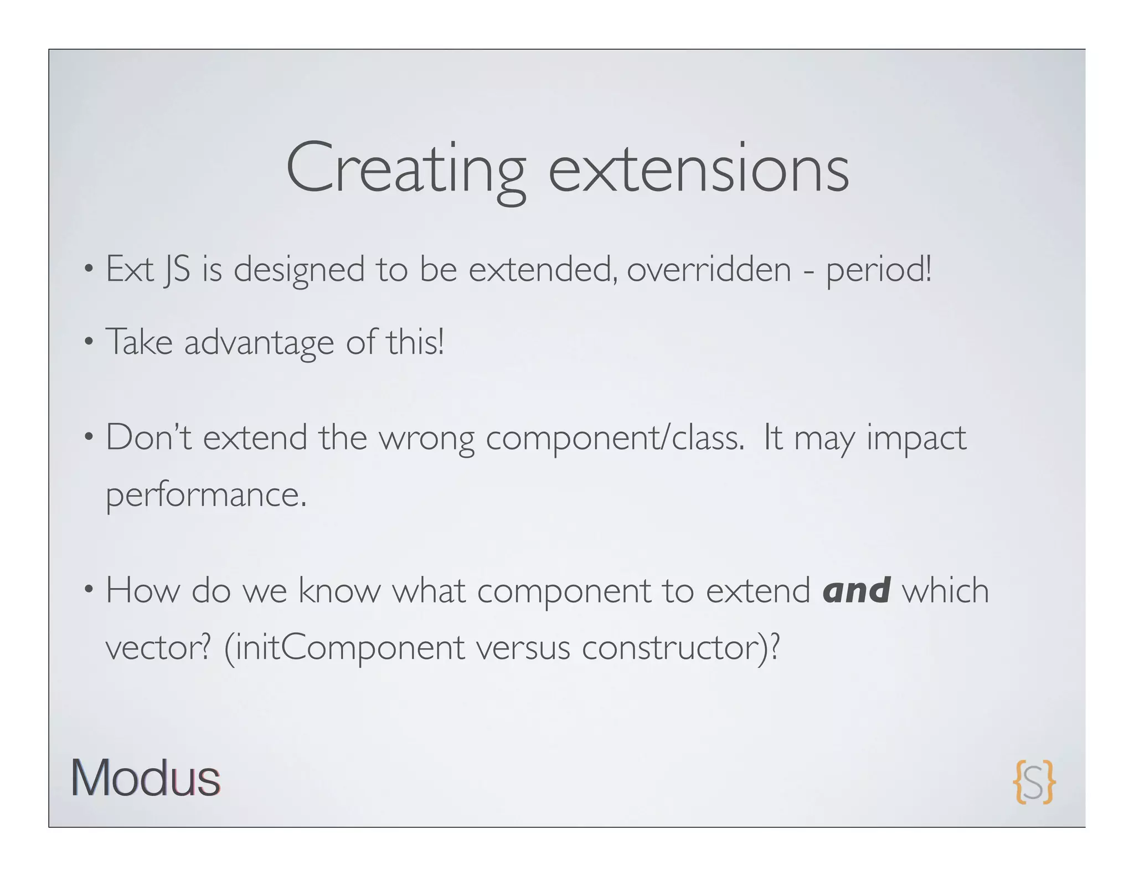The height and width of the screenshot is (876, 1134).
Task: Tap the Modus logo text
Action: tap(145, 778)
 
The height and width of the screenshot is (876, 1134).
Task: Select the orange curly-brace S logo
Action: tap(1034, 781)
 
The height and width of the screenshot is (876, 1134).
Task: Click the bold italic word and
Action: tap(856, 590)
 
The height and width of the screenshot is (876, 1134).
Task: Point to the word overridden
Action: tap(709, 270)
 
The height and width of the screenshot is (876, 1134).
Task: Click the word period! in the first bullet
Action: tap(879, 271)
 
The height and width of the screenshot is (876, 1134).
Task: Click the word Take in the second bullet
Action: tap(139, 342)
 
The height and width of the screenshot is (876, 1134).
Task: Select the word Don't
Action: tap(148, 437)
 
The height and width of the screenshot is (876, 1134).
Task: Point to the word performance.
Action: tap(206, 495)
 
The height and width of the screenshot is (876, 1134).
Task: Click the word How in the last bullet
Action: tap(143, 590)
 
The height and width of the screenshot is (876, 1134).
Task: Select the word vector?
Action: tap(158, 648)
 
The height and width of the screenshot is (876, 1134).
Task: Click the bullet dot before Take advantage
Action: tap(89, 343)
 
